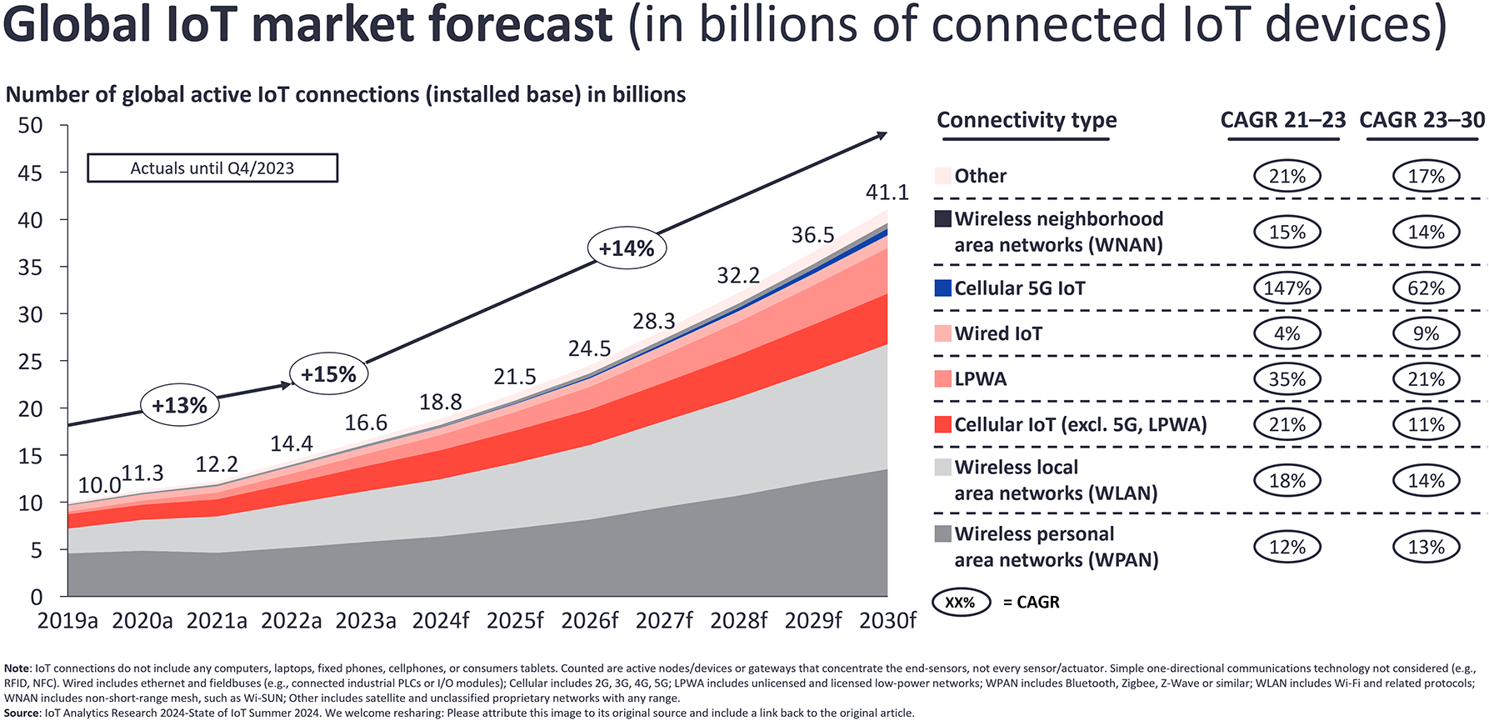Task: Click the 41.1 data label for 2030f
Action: pos(887,193)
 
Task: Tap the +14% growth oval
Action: pos(627,248)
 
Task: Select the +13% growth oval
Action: pos(179,406)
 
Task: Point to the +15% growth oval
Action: pos(328,374)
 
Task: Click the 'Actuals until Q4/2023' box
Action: pos(212,168)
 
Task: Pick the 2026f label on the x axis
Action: pos(590,621)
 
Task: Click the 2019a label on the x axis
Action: pos(67,621)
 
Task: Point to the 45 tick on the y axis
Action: pos(30,173)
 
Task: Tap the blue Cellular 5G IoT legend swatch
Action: pos(942,288)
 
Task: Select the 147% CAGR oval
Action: pos(1287,288)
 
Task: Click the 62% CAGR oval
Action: pos(1426,288)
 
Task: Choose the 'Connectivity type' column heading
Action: pos(1027,120)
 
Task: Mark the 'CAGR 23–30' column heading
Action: pos(1422,120)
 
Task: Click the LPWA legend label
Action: pos(981,379)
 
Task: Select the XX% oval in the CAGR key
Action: pos(961,602)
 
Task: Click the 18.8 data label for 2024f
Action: pos(440,403)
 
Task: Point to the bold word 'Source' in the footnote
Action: pos(22,713)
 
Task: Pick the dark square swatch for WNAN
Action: pos(942,219)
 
